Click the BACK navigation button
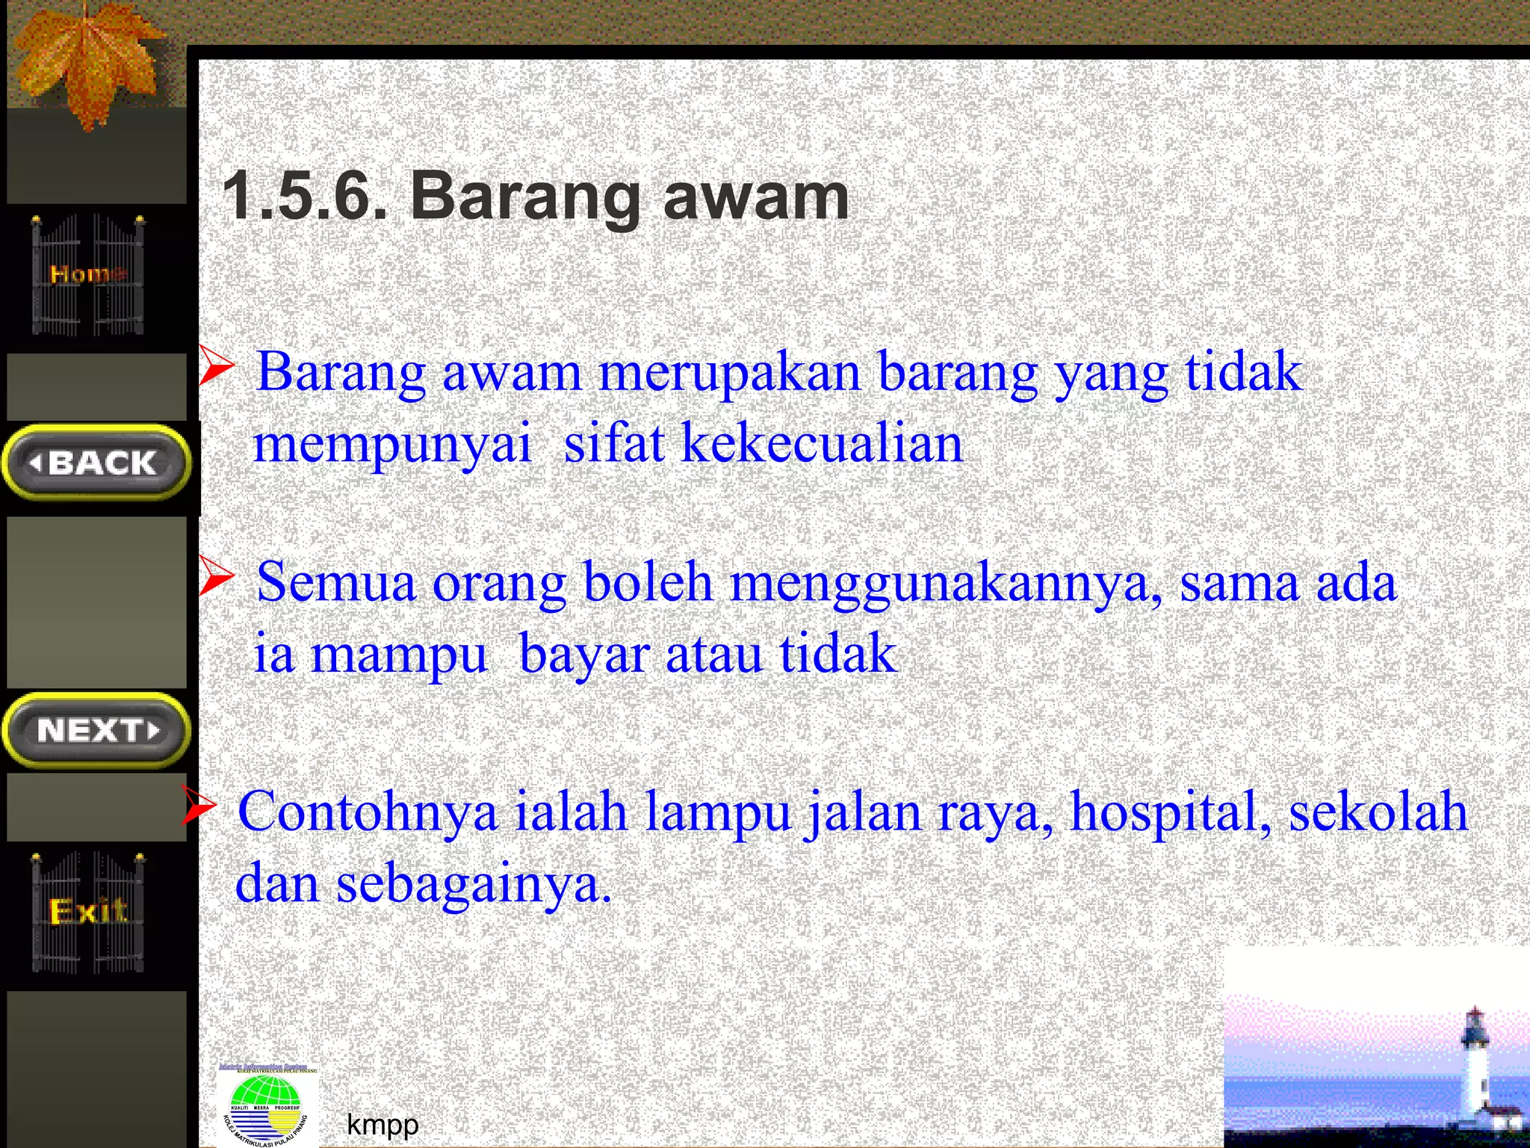pos(97,462)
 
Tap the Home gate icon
pos(88,275)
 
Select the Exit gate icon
pos(88,912)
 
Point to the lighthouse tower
pos(1475,1069)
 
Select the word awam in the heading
pos(756,196)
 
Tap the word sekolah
pos(1378,811)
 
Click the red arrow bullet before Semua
pos(217,578)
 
